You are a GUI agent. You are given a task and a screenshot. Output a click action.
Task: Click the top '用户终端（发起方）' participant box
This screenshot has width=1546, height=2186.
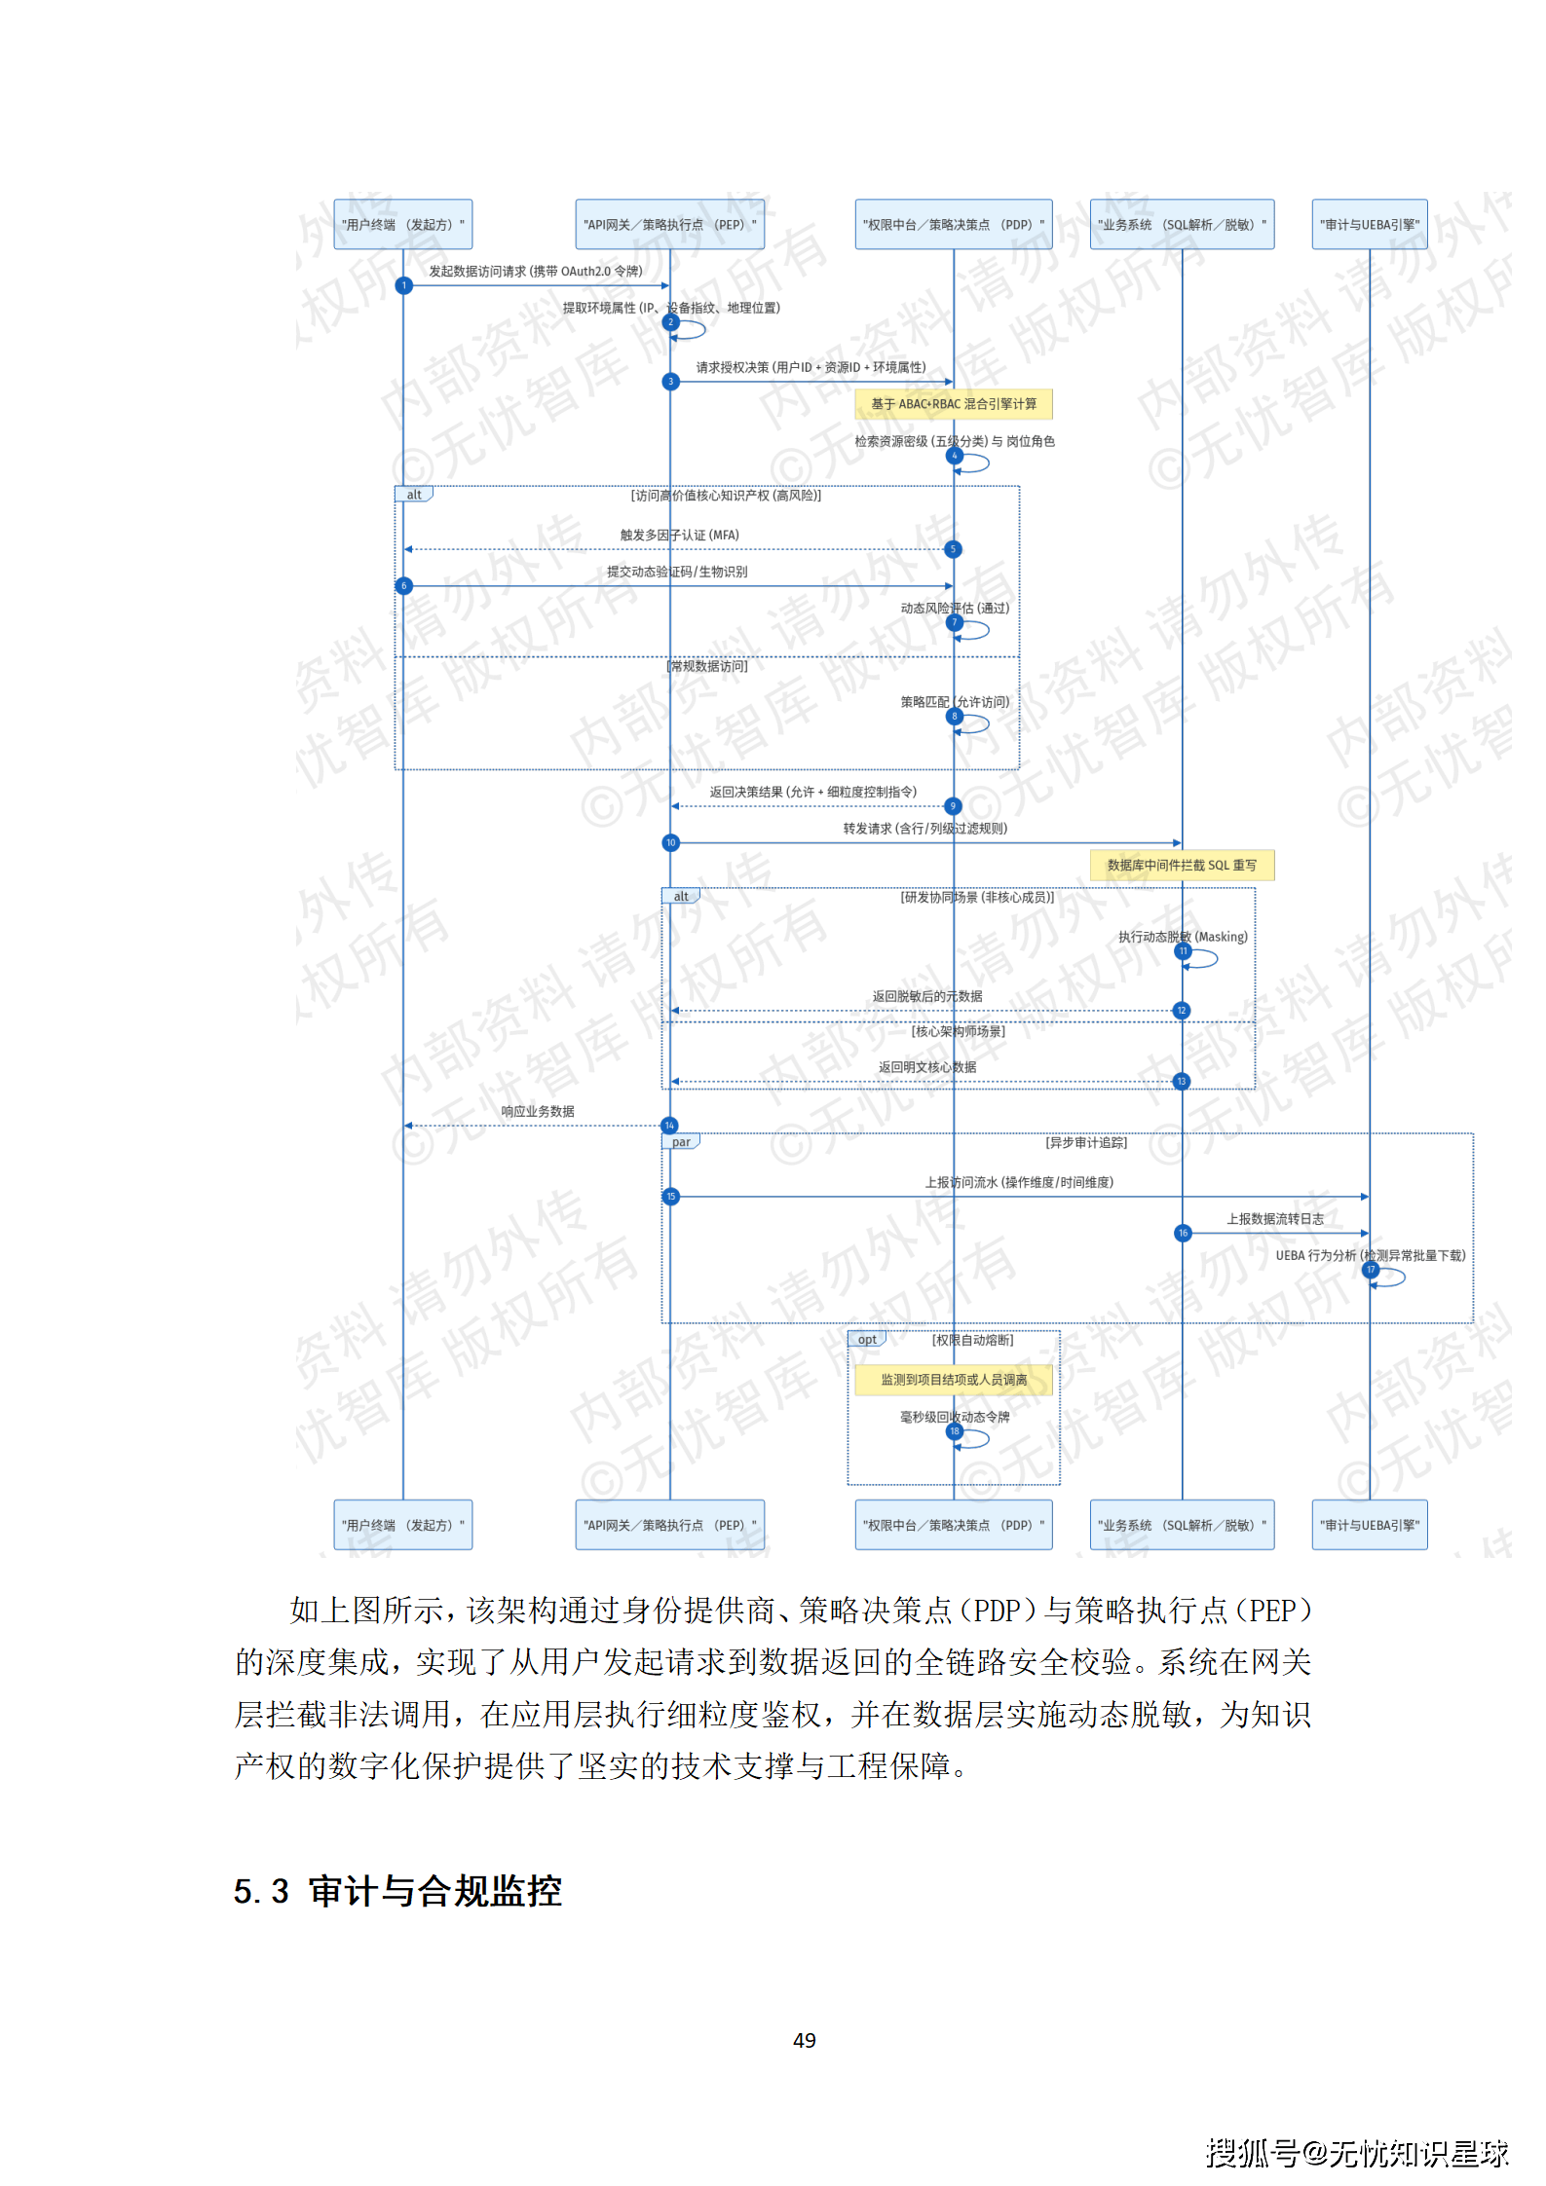coord(402,225)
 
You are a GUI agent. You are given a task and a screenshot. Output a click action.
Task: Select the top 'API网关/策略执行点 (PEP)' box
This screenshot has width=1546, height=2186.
coord(669,225)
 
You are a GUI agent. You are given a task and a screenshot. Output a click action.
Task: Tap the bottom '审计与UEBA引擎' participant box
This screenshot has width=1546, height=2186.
coord(1369,1525)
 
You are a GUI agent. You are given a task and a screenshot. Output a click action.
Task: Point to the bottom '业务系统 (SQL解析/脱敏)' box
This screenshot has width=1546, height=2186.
coord(1182,1525)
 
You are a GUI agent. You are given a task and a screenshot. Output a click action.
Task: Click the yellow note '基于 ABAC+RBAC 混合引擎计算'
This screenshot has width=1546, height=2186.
coord(953,404)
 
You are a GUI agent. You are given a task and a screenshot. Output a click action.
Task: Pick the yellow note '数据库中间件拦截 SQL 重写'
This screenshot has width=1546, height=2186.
coord(1181,865)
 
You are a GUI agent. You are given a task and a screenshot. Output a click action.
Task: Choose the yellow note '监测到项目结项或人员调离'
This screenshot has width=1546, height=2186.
coord(953,1380)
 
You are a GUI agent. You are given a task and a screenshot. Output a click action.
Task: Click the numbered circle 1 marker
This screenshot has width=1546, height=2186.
coord(403,285)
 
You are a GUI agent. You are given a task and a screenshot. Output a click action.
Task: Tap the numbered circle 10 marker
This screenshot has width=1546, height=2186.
coord(670,843)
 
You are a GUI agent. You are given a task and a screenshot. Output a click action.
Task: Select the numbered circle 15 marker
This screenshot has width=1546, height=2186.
coord(670,1197)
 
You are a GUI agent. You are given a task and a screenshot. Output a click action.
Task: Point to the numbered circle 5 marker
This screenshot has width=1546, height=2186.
coord(953,549)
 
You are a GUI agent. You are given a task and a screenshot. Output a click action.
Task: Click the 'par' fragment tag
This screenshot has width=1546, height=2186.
coord(681,1142)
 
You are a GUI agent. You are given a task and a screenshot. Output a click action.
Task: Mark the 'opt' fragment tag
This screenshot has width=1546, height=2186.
coord(867,1340)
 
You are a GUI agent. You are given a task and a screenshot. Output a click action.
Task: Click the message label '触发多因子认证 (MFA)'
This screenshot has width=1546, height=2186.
coord(679,536)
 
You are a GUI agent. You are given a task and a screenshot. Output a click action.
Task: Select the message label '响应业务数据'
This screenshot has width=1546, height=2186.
coord(537,1111)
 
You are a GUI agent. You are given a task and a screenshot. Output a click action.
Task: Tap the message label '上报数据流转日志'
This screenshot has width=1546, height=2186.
coord(1274,1219)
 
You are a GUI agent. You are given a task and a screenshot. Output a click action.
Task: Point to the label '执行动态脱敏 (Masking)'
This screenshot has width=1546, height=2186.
coord(1182,937)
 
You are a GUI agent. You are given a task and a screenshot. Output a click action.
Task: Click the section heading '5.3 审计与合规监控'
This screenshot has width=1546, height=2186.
coord(397,1892)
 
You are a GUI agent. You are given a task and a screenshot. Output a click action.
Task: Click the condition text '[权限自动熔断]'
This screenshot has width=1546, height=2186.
coord(972,1341)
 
